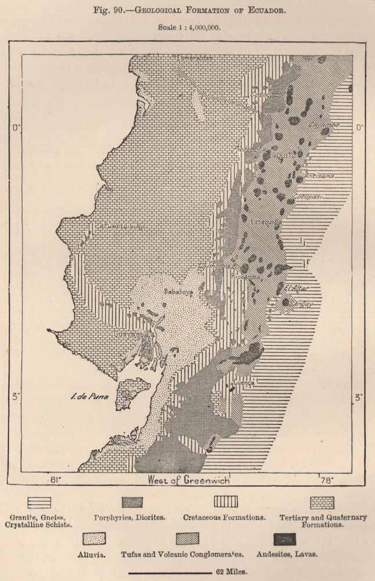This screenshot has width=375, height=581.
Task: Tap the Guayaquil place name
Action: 133,335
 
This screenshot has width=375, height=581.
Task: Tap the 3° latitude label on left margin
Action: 15,396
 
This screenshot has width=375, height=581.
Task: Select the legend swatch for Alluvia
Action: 94,538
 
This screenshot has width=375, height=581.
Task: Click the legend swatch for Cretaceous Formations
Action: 225,501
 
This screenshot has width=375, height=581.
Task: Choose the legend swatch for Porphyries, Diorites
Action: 132,501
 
